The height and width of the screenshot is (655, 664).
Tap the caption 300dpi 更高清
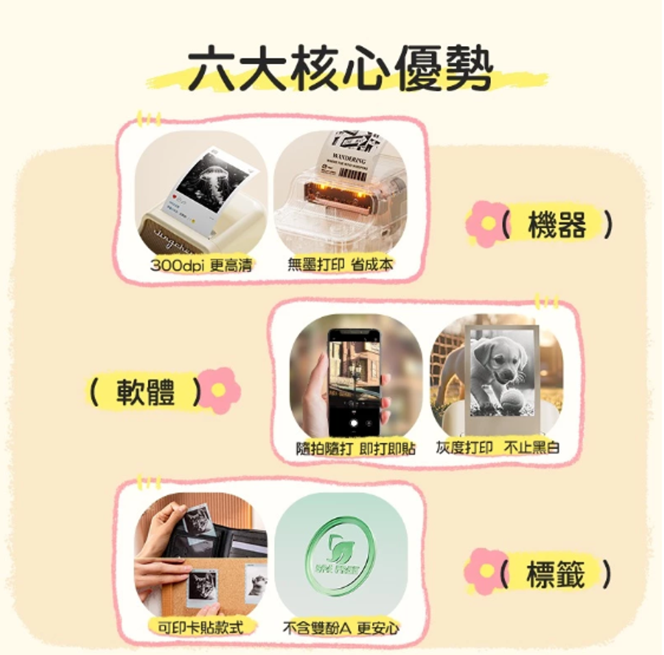tap(201, 265)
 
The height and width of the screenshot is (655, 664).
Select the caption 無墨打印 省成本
tap(340, 264)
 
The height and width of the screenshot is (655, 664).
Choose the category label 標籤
tap(556, 574)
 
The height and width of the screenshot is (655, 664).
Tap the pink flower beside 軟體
tap(219, 390)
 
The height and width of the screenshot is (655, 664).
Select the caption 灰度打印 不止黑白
tap(497, 448)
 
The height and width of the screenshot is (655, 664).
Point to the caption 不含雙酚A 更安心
tap(341, 628)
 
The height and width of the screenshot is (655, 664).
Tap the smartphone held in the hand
tap(353, 382)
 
